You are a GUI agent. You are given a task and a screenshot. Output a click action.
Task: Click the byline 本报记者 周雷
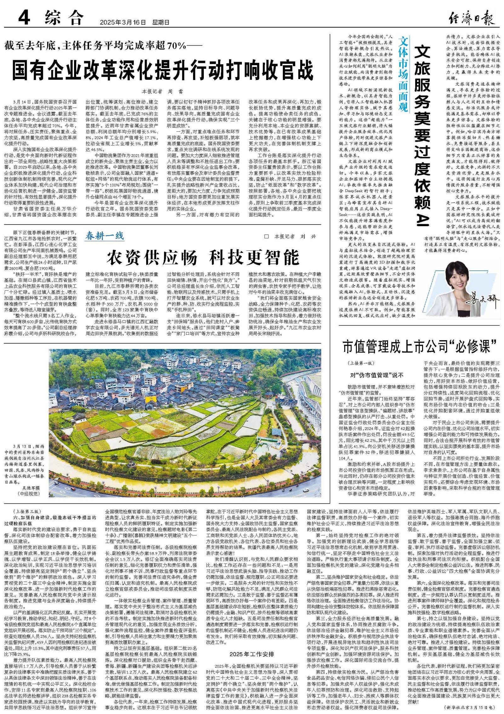point(162,92)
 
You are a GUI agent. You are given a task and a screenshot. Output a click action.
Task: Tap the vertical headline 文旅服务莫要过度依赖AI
point(421,135)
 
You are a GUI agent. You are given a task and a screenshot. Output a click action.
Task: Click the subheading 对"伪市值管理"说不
point(377,375)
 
